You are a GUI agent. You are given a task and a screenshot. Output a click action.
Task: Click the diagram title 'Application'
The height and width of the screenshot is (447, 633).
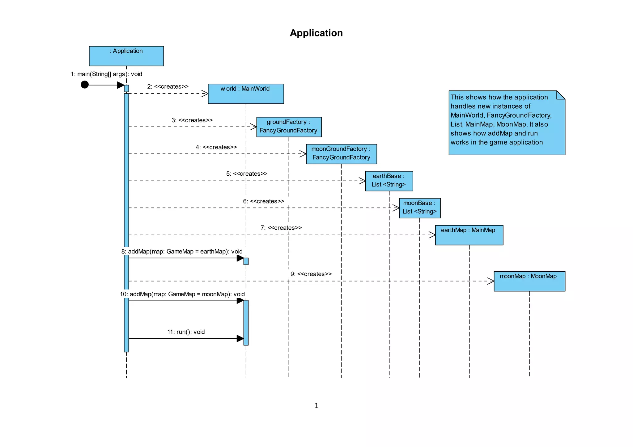[316, 33]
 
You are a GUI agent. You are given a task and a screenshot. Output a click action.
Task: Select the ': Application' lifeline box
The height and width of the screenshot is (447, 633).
[126, 56]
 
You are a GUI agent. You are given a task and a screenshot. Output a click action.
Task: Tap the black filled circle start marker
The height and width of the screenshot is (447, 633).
[85, 85]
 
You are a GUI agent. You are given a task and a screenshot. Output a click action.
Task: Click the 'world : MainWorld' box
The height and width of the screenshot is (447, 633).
[246, 94]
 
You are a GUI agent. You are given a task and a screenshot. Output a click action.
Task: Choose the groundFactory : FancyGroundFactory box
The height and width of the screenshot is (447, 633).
[289, 127]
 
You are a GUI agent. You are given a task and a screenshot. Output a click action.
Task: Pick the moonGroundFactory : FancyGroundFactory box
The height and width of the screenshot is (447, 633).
[341, 154]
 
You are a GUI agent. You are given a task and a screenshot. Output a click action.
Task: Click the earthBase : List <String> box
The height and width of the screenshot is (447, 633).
[389, 181]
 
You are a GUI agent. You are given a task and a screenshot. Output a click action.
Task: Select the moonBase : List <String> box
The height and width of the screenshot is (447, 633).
[419, 208]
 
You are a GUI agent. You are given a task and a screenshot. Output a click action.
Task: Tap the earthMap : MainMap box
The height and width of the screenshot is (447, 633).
[469, 235]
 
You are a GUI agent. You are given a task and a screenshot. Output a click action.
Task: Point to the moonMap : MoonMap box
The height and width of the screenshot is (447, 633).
[529, 281]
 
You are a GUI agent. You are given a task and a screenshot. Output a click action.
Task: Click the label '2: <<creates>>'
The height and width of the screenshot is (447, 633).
[168, 86]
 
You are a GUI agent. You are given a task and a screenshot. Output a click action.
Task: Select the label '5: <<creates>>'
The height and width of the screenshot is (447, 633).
[247, 174]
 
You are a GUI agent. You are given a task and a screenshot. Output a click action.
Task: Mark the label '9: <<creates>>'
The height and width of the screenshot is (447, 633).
[311, 274]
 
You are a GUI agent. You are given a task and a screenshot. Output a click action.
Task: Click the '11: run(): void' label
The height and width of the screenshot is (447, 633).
[186, 332]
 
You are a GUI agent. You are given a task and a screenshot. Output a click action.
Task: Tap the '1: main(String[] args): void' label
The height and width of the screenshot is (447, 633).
[106, 74]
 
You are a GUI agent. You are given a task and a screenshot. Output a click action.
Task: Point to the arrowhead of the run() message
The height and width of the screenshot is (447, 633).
[240, 338]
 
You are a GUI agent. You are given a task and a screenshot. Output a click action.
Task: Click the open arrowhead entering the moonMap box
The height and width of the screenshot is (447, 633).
[491, 281]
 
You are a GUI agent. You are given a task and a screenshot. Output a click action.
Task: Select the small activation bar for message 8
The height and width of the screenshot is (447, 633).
[246, 261]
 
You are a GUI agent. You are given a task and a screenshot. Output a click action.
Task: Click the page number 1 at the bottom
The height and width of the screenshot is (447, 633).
[316, 406]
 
